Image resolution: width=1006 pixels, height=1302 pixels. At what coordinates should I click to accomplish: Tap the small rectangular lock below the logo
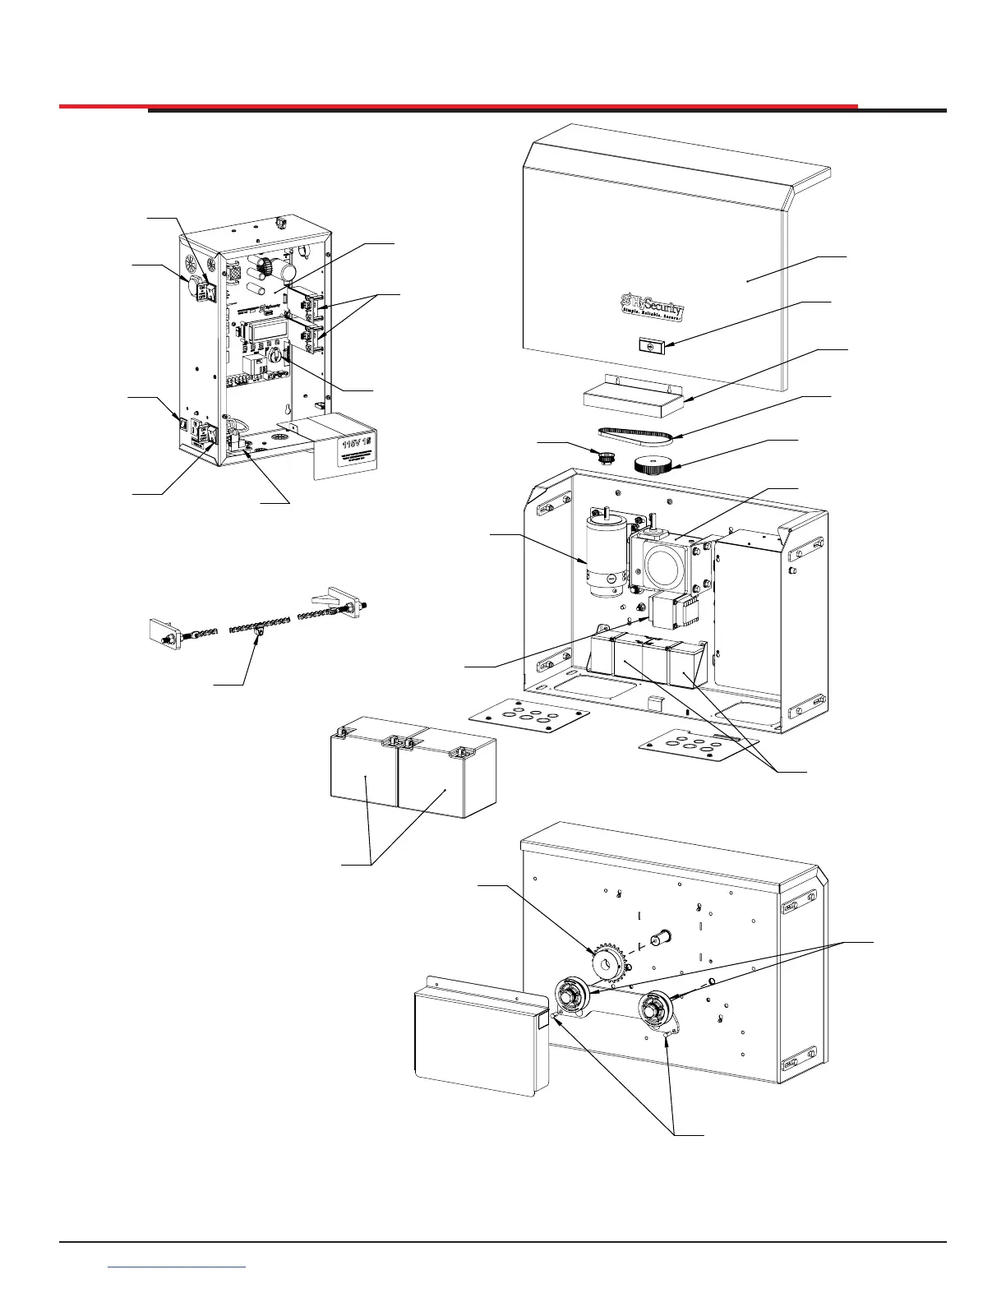tap(651, 347)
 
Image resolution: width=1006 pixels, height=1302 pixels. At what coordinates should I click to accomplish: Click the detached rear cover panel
tap(478, 1040)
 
